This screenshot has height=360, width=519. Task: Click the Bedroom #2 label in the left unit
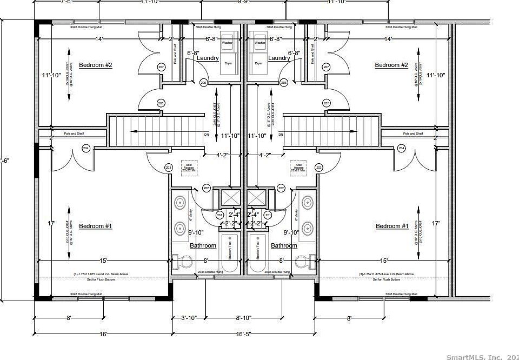[x=95, y=65]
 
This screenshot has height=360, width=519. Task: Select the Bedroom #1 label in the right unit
[x=392, y=226]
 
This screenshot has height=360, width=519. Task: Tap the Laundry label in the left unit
[x=208, y=58]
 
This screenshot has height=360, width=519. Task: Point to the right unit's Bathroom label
[x=284, y=246]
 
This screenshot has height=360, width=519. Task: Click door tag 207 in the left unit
[x=161, y=67]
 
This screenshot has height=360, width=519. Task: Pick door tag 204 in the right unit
[x=401, y=148]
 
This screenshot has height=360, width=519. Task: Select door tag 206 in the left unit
[x=203, y=83]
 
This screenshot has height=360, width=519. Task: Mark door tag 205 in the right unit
[x=326, y=103]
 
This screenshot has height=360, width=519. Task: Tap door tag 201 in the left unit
[x=219, y=216]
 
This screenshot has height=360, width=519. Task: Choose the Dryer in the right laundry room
[x=259, y=63]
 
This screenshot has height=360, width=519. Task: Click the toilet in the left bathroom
[x=183, y=263]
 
